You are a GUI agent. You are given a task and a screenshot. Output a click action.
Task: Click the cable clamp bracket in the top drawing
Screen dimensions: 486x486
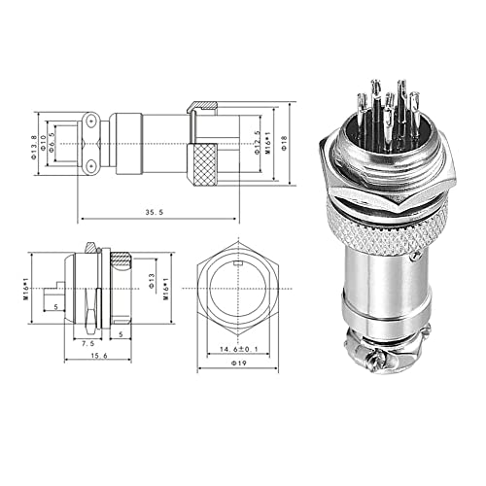point(89,144)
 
